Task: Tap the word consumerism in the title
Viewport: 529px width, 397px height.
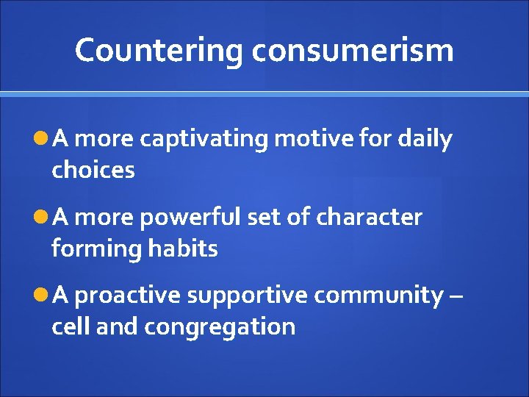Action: (353, 51)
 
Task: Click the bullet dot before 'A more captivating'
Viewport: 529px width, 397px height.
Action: (40, 139)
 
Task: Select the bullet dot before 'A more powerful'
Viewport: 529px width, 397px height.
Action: (40, 218)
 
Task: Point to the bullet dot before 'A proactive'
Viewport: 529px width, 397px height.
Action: (40, 296)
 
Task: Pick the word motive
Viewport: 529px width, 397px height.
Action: (310, 139)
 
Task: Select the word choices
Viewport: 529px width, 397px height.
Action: (93, 171)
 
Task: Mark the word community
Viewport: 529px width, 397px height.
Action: (379, 296)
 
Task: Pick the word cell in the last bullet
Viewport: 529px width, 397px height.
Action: (71, 326)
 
